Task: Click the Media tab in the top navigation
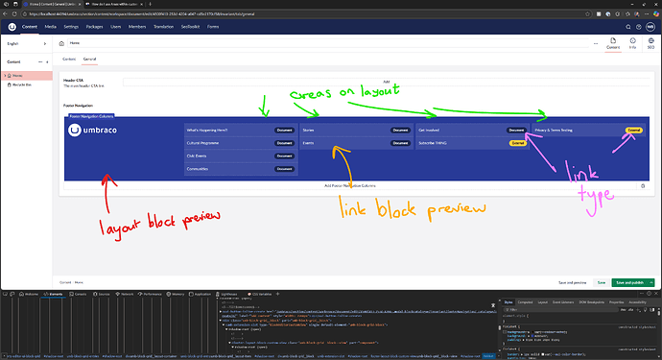(50, 28)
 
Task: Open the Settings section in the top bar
(71, 28)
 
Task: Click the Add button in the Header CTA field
(386, 83)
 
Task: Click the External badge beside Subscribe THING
(518, 142)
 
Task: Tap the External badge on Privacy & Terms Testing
(633, 129)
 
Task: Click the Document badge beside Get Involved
(517, 129)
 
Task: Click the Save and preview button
(572, 283)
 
